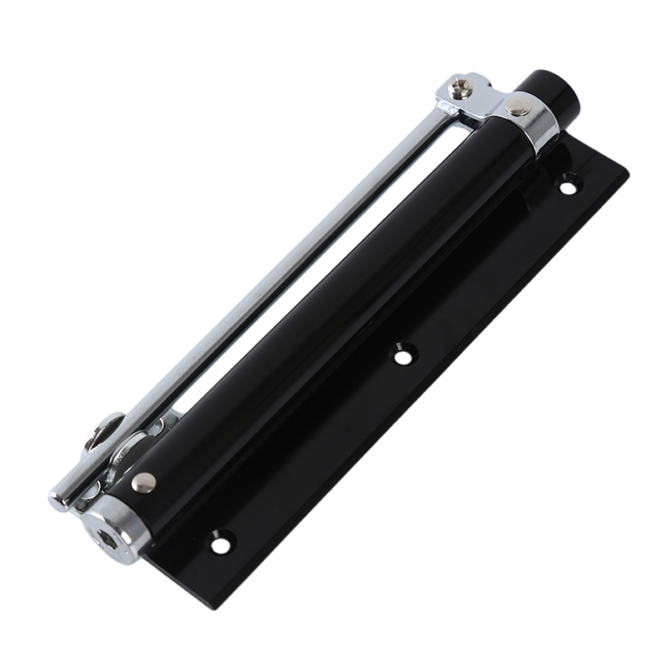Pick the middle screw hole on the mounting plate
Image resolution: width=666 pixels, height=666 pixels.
click(x=403, y=356)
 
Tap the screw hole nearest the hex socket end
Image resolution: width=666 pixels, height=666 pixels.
click(x=220, y=545)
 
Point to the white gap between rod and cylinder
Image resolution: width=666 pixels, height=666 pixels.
click(x=316, y=266)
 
